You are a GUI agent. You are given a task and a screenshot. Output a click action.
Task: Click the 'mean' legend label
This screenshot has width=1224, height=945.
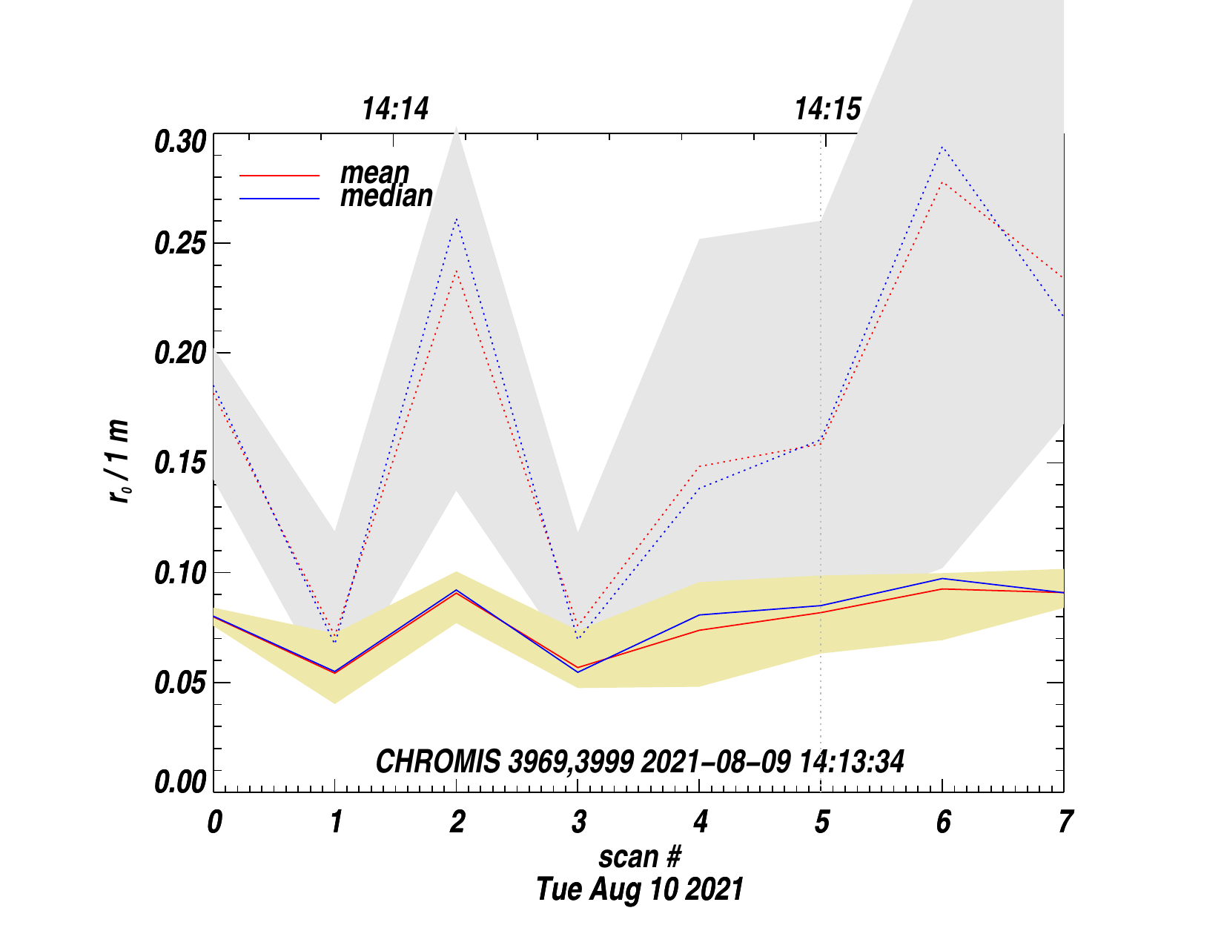374,173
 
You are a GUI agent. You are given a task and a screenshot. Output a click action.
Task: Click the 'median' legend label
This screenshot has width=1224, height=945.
386,196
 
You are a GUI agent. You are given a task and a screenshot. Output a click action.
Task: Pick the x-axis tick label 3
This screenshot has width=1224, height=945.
578,822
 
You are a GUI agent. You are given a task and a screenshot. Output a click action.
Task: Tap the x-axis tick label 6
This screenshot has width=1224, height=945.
942,822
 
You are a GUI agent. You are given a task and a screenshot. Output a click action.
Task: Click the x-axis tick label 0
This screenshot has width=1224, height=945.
214,822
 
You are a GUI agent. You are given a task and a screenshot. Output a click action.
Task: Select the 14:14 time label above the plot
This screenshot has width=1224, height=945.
395,110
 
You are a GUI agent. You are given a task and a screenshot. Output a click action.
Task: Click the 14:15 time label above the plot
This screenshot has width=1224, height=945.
827,110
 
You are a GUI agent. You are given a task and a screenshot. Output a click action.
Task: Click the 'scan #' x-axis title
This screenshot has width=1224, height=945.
639,857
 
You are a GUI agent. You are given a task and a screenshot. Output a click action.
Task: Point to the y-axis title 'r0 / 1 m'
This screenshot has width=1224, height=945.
119,461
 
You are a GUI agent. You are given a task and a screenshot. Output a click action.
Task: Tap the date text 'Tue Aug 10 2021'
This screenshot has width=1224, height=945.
639,889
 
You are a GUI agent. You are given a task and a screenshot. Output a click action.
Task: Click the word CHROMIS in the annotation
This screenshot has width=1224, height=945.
437,762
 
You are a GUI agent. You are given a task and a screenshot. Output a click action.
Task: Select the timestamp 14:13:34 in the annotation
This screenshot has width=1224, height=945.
852,762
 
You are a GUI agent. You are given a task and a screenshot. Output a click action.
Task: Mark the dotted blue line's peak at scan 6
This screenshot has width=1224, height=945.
942,147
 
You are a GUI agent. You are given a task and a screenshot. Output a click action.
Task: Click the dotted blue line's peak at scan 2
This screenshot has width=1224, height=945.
457,219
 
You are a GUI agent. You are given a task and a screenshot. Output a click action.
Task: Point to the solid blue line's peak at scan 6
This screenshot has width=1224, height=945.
942,578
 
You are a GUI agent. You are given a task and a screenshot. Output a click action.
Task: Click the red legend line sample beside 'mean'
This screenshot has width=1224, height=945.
279,176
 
